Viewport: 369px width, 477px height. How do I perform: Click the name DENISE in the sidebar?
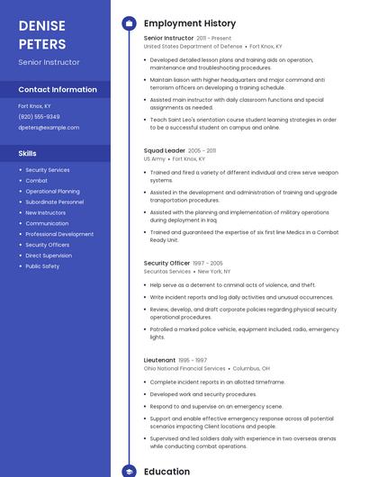point(41,24)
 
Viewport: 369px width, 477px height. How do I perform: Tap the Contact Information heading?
point(58,89)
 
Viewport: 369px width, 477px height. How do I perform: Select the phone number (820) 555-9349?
point(39,116)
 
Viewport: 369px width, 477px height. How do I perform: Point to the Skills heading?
point(27,153)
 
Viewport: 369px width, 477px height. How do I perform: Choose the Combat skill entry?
point(36,180)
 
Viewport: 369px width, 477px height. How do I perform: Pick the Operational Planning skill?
point(52,191)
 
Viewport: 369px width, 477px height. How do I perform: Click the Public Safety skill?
point(42,266)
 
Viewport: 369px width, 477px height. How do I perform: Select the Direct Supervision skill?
point(49,256)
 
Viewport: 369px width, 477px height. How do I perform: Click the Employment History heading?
point(190,23)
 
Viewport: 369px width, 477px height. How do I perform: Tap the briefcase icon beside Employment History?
point(129,23)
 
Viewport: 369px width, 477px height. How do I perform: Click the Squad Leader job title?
point(164,150)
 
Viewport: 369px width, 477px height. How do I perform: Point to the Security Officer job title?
point(166,263)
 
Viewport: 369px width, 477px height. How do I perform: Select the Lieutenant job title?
point(159,360)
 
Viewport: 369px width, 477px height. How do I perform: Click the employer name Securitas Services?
point(167,271)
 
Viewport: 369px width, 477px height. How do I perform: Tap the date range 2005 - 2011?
point(202,150)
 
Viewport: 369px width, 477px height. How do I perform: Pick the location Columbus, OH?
point(251,368)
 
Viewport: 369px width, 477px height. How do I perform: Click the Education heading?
point(166,471)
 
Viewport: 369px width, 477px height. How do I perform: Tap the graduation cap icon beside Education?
point(129,471)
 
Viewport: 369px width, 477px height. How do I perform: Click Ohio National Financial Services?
point(184,368)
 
